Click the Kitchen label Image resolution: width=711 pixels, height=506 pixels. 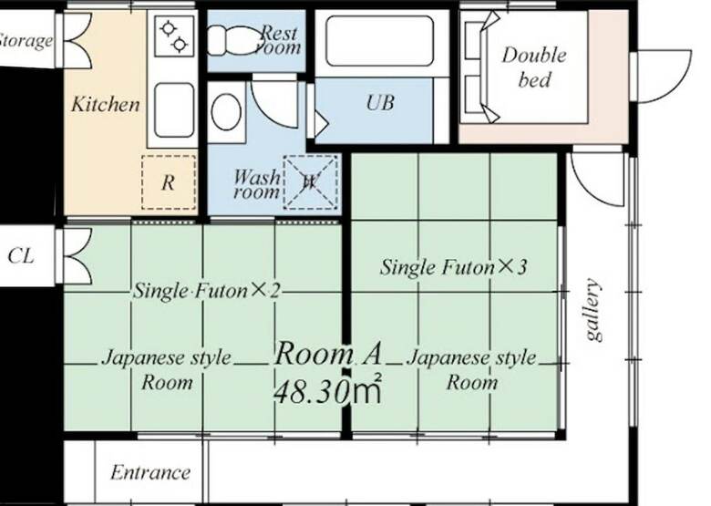(106, 104)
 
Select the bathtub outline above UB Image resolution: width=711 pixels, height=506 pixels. (379, 41)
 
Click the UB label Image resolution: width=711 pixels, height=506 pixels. (380, 102)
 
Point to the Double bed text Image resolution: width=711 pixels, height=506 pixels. (534, 67)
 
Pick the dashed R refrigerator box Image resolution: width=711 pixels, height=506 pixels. (169, 182)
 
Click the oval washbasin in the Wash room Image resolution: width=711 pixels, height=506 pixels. (226, 112)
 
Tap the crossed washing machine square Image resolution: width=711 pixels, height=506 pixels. (311, 181)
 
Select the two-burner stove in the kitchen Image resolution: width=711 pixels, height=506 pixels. (174, 36)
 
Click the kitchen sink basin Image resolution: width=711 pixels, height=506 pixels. (174, 110)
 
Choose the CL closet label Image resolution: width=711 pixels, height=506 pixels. (21, 256)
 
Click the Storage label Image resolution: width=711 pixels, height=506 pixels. (26, 40)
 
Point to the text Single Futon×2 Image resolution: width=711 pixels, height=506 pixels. (206, 290)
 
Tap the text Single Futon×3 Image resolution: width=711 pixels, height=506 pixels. (453, 266)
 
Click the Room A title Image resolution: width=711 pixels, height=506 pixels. (328, 354)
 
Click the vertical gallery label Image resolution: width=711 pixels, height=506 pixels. (593, 309)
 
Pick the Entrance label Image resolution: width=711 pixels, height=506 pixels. (150, 472)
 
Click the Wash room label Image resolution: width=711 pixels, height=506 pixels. (257, 183)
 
